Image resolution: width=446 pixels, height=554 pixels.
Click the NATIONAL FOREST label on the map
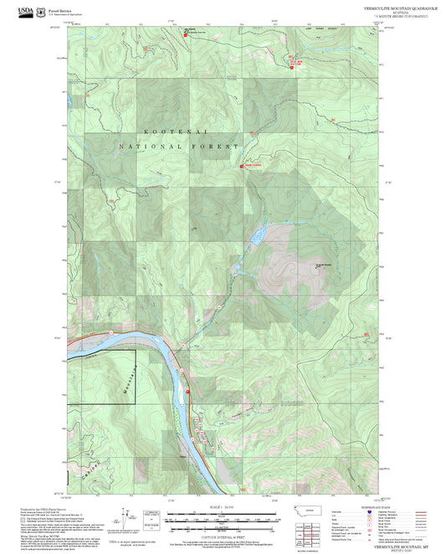click(173, 146)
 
